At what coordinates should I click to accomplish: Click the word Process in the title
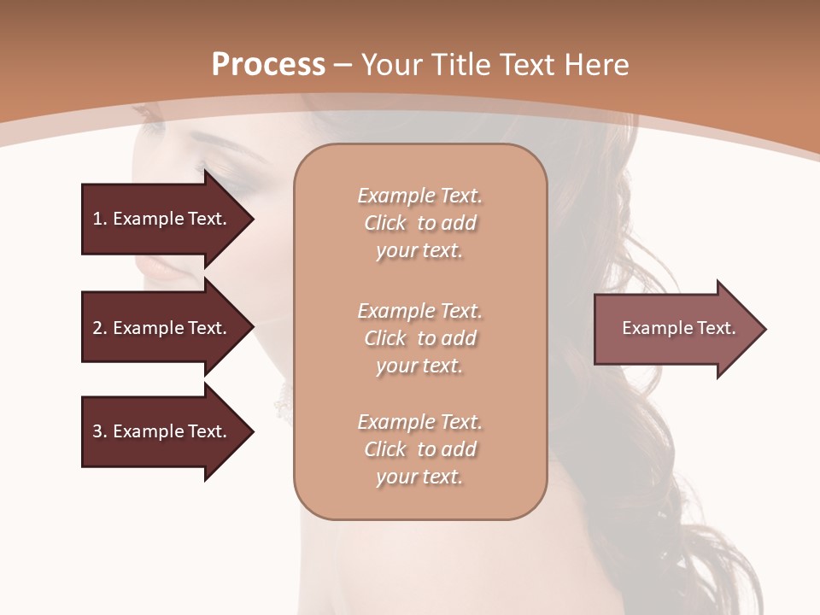click(x=268, y=65)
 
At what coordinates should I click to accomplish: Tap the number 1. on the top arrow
click(x=100, y=219)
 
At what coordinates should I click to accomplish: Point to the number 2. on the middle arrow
click(x=100, y=328)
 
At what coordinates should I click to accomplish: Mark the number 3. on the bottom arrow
click(x=100, y=431)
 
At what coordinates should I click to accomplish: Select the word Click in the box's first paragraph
click(x=385, y=224)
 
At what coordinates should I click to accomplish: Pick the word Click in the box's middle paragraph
click(x=385, y=339)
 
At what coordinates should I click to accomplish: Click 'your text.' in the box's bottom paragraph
click(x=419, y=477)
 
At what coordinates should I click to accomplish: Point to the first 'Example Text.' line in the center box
click(x=419, y=196)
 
